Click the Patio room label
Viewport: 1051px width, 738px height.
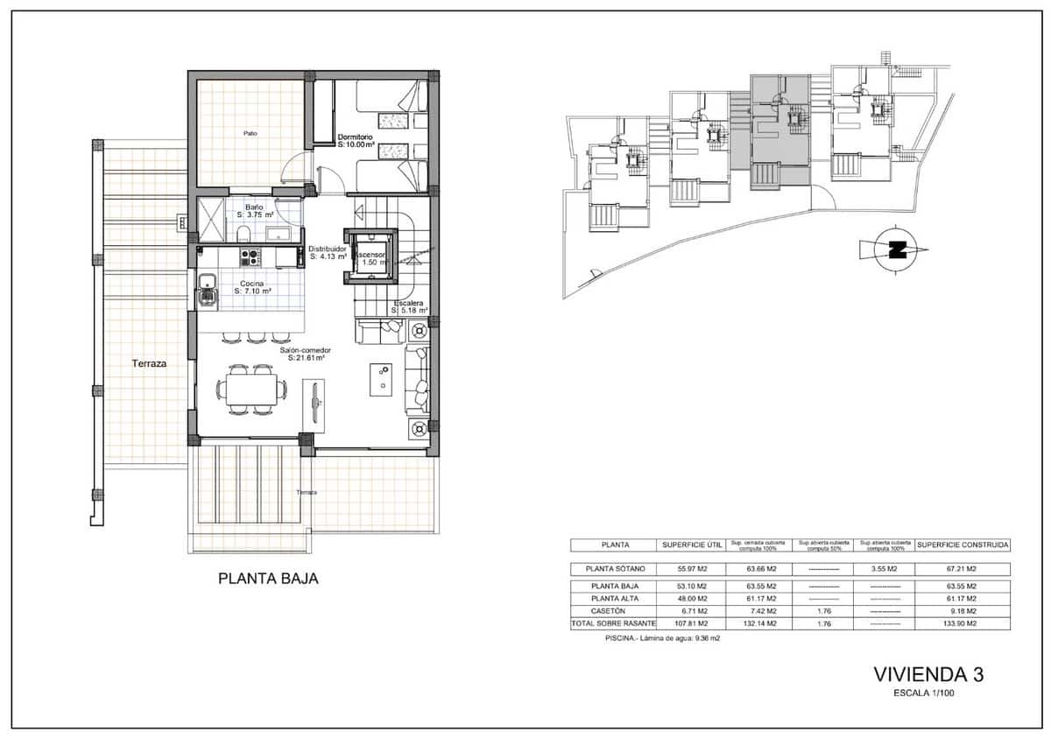(x=250, y=134)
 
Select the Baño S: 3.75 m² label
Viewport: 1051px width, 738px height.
(x=255, y=211)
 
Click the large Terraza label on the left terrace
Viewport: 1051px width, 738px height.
(x=149, y=362)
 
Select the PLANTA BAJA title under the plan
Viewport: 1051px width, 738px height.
(x=267, y=579)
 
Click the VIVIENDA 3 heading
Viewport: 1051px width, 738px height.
(x=928, y=674)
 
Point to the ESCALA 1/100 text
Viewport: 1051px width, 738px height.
(x=928, y=693)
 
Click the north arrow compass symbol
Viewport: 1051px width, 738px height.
(x=895, y=249)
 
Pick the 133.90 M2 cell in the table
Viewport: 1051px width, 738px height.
(x=962, y=624)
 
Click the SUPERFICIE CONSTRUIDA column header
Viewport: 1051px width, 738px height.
(x=963, y=545)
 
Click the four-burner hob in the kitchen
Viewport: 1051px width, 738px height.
(x=250, y=257)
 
